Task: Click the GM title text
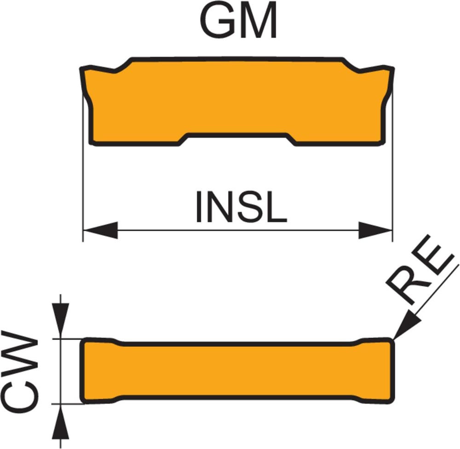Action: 239,21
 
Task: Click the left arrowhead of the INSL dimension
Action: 99,230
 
